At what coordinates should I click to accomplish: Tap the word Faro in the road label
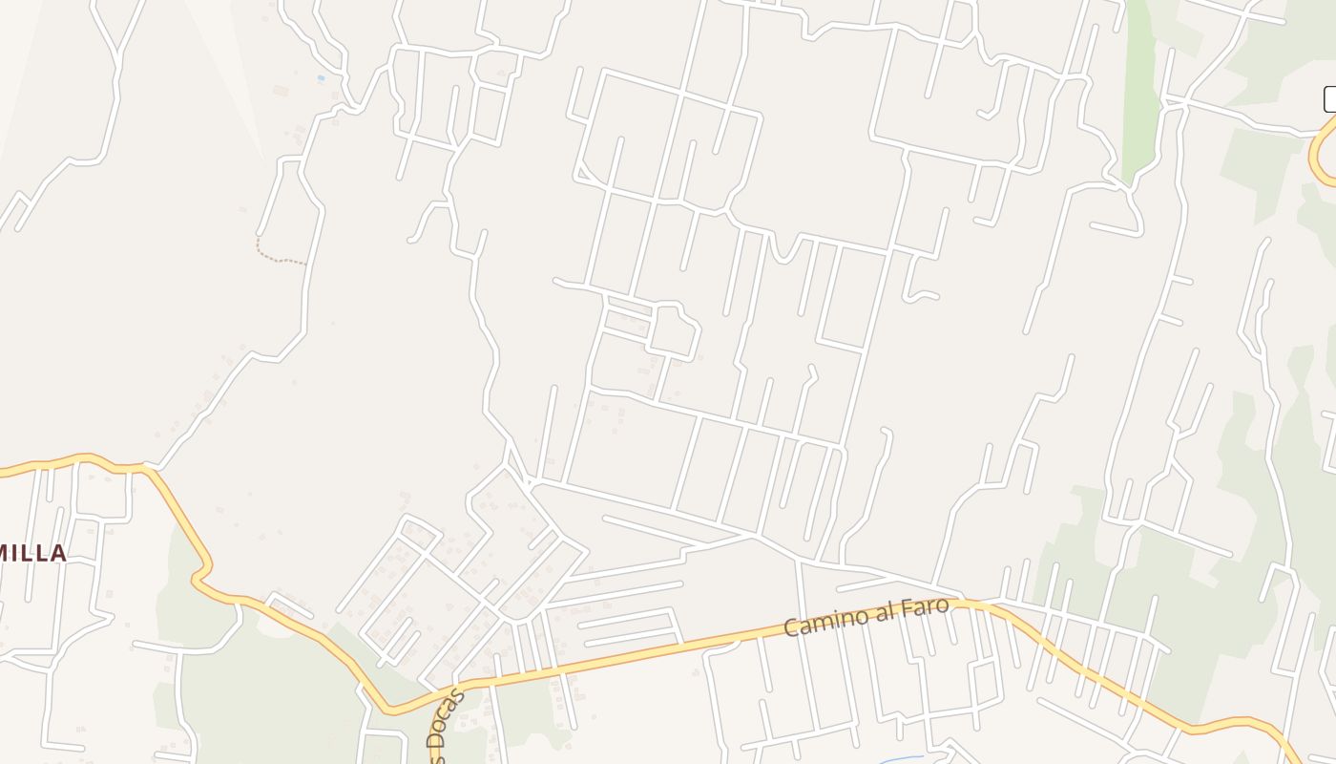[x=923, y=607]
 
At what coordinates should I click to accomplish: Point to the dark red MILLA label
[x=34, y=553]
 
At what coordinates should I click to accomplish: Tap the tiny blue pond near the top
[x=321, y=77]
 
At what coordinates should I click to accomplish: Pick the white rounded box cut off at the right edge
[x=1330, y=99]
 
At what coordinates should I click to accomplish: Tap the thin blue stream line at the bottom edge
[x=897, y=760]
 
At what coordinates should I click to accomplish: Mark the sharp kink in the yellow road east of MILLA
[x=198, y=576]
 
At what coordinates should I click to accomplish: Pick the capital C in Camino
[x=790, y=627]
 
